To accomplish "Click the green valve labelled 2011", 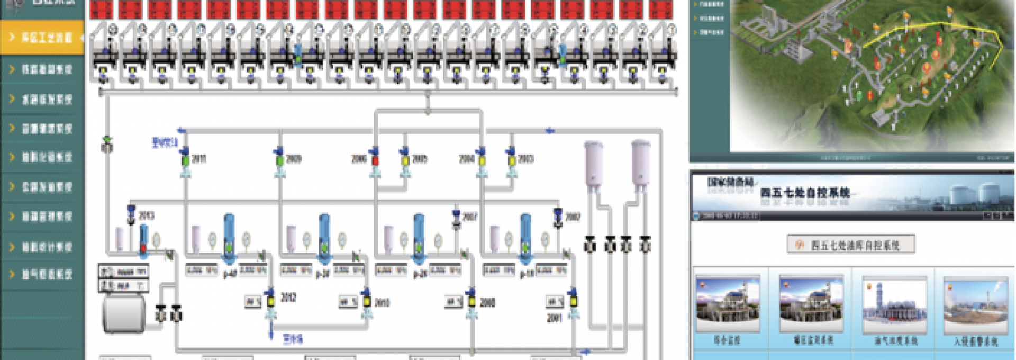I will point(186,159).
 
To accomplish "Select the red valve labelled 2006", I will point(375,159).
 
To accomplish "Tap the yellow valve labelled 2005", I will point(405,159).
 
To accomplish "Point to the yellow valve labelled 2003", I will point(512,159).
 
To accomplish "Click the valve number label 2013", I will point(146,215).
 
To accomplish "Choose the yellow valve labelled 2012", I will point(270,301).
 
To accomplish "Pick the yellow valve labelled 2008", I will point(471,301).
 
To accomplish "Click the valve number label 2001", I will point(554,318).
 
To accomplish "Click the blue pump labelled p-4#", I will point(229,238).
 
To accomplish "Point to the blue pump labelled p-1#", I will point(525,238).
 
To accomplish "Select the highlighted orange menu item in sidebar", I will point(42,37).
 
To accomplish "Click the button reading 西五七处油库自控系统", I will point(850,245).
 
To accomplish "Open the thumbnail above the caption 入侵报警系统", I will point(976,306).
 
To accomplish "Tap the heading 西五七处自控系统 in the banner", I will point(804,192).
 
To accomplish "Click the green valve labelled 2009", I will point(279,159).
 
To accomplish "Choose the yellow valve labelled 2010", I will point(366,301).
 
